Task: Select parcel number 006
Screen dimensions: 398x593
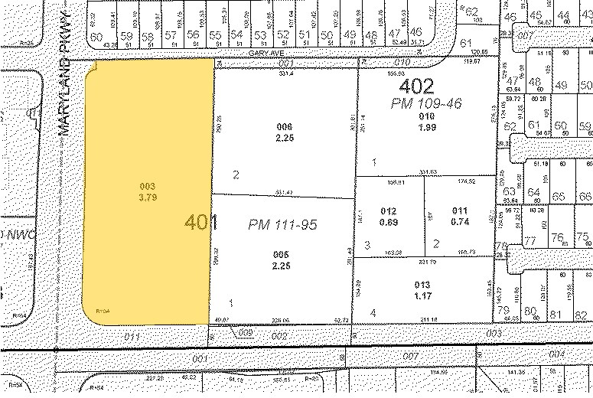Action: point(285,127)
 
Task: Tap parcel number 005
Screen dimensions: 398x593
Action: point(285,255)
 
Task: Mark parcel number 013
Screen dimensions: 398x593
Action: point(423,285)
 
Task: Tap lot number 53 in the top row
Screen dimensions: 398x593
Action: point(260,35)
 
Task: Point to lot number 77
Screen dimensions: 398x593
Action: point(529,240)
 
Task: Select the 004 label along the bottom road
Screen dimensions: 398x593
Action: point(557,354)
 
